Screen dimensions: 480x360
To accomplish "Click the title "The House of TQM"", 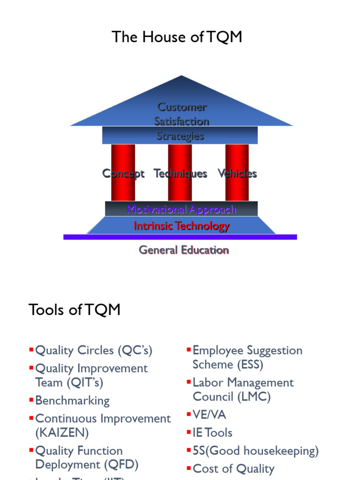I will pyautogui.click(x=177, y=37).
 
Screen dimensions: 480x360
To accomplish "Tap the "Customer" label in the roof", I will pyautogui.click(x=182, y=107).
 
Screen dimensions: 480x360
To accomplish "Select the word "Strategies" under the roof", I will pyautogui.click(x=180, y=136).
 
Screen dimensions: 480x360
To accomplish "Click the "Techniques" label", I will pyautogui.click(x=180, y=174).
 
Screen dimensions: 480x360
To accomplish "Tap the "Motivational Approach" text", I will pyautogui.click(x=181, y=210).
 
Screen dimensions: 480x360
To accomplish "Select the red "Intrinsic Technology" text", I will pyautogui.click(x=181, y=226).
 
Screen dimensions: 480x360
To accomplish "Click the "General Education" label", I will pyautogui.click(x=184, y=250).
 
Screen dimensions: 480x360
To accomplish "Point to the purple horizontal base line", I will pyautogui.click(x=180, y=237).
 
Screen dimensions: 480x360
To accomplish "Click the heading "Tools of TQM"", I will pyautogui.click(x=75, y=310).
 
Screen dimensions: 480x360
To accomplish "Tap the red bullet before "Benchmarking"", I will pyautogui.click(x=31, y=400).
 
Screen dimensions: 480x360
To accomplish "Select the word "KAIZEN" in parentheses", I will pyautogui.click(x=62, y=432).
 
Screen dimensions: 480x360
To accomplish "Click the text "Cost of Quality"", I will pyautogui.click(x=233, y=469).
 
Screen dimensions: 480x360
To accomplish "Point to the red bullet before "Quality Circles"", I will pyautogui.click(x=31, y=350).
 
